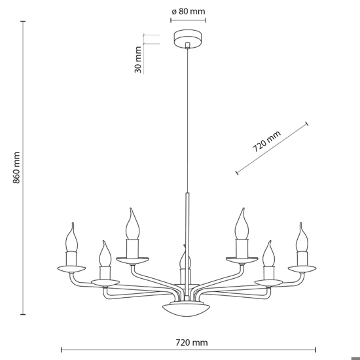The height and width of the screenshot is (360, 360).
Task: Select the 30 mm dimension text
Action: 139,60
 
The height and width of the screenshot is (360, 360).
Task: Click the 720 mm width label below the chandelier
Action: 188,342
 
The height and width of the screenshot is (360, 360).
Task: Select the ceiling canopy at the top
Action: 189,40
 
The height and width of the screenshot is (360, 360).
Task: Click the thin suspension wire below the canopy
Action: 189,118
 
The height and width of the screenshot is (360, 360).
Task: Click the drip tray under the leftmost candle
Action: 71,268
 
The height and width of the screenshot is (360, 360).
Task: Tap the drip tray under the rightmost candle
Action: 302,268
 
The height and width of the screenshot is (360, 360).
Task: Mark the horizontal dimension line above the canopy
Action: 189,21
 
